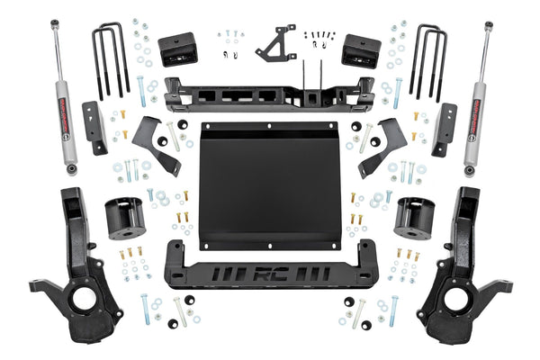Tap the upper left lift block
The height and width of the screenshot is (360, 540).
[176, 50]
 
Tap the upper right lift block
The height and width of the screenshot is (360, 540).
[362, 50]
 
